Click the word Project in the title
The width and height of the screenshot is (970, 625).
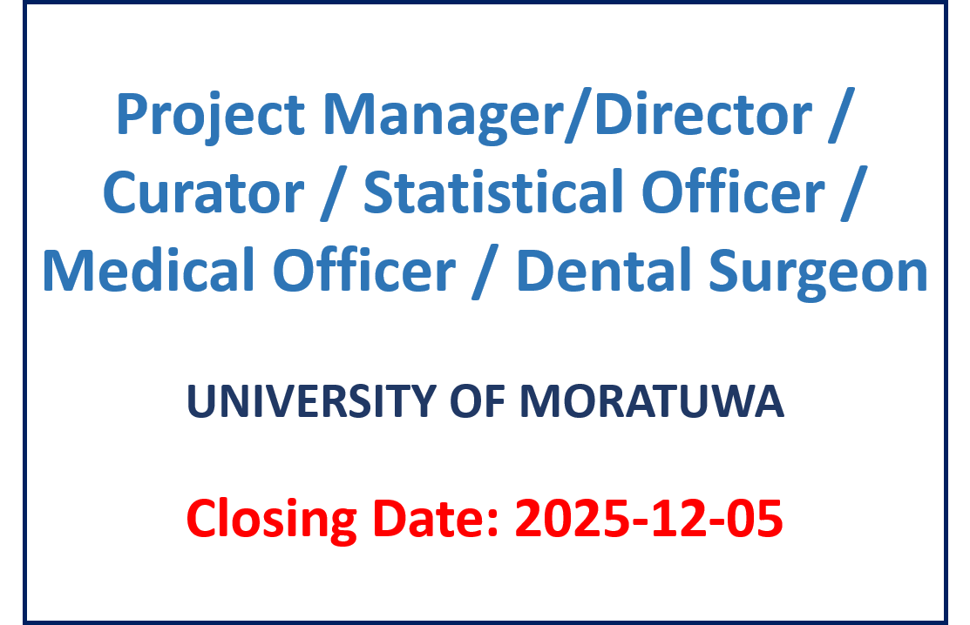point(210,116)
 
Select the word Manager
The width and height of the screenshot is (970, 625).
point(444,116)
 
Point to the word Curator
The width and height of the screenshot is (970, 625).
point(204,192)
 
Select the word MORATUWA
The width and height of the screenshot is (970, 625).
point(651,401)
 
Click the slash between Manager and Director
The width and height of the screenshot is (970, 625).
point(580,116)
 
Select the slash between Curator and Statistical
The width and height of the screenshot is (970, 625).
point(334,192)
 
